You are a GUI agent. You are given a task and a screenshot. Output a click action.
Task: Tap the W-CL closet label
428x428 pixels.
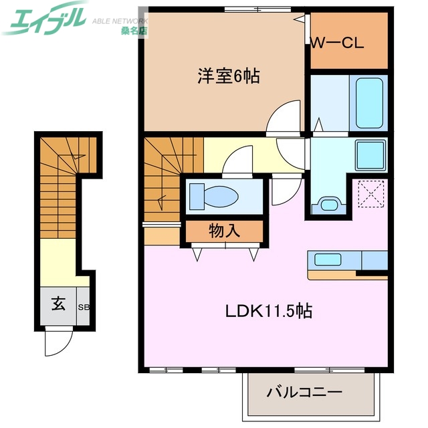336,44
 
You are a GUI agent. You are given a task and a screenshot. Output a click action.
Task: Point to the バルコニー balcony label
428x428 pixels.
305,392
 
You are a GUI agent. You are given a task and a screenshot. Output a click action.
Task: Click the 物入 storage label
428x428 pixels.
225,231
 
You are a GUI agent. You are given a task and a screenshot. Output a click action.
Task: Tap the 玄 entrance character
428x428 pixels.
58,304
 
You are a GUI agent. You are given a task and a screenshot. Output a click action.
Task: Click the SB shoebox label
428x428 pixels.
85,307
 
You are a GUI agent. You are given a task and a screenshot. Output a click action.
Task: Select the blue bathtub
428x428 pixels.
368,102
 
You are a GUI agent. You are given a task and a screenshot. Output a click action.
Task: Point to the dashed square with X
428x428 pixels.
368,194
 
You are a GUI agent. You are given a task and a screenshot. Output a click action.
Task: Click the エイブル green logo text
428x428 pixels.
43,18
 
